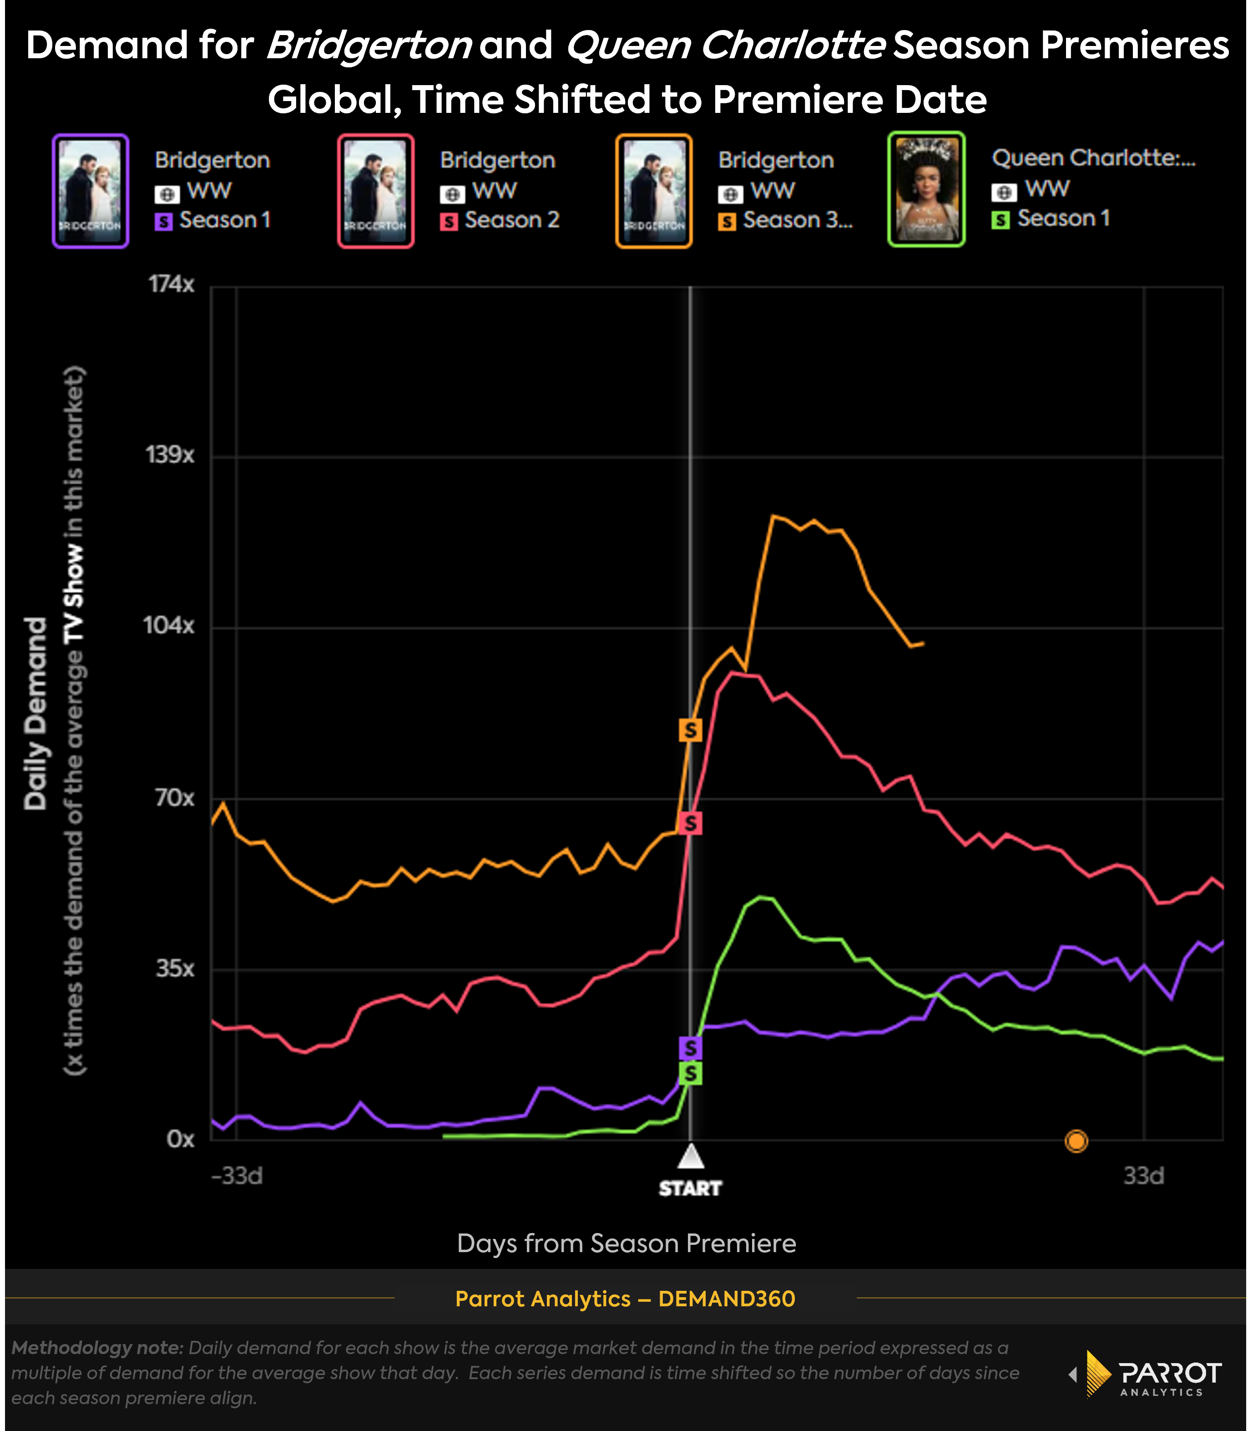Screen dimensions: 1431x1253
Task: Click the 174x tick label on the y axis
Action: pyautogui.click(x=171, y=284)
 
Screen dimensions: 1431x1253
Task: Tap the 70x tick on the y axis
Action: pyautogui.click(x=174, y=797)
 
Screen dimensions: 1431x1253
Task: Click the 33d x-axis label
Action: pyautogui.click(x=1143, y=1176)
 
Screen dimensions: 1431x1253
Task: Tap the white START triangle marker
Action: pyautogui.click(x=690, y=1157)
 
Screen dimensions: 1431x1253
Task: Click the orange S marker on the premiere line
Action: pyautogui.click(x=690, y=730)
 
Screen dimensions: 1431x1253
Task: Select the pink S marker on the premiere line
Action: pyautogui.click(x=690, y=823)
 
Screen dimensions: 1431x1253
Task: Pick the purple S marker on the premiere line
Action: pyautogui.click(x=690, y=1048)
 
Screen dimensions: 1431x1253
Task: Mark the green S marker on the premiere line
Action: pyautogui.click(x=690, y=1074)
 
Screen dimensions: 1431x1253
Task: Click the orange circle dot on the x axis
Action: pyautogui.click(x=1076, y=1141)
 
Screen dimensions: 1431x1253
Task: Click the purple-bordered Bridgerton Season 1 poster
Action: pyautogui.click(x=90, y=191)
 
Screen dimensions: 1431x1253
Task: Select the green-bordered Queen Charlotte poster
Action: pyautogui.click(x=926, y=189)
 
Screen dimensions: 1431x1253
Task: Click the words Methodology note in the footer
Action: pyautogui.click(x=96, y=1347)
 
